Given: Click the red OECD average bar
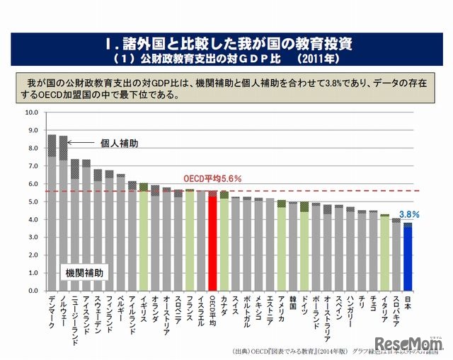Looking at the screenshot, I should coord(212,240).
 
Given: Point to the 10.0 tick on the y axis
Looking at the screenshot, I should coord(31,112).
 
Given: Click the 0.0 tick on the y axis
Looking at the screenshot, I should coord(33,291).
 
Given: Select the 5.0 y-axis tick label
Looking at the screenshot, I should coord(33,202).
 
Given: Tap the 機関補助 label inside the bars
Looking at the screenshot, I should coord(83,272).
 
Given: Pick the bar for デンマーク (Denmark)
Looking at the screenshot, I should coord(52,212).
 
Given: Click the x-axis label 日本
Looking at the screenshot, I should coord(408,301).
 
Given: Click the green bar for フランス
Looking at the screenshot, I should coord(190,240).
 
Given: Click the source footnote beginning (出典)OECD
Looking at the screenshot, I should coord(283,352).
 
